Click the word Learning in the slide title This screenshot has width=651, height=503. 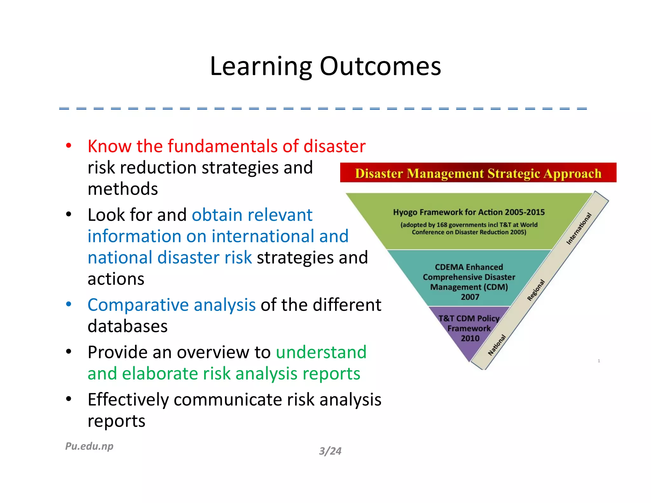(261, 67)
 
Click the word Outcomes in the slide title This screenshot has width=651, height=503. (380, 67)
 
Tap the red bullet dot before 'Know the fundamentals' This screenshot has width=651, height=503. (68, 146)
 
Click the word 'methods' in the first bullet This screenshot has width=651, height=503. (123, 189)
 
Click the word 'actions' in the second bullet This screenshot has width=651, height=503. (116, 279)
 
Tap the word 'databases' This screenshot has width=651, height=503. (127, 326)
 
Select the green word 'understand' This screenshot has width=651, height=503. (321, 352)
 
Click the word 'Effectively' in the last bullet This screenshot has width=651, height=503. (128, 400)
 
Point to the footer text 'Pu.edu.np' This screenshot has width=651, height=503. (89, 446)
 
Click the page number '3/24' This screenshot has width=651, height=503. (330, 451)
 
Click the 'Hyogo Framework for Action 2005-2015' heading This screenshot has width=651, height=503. (469, 212)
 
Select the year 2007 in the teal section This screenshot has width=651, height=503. (470, 297)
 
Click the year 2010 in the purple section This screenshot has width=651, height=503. (470, 338)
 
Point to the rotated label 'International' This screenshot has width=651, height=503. (579, 229)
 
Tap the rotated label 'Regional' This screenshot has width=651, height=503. (536, 290)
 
